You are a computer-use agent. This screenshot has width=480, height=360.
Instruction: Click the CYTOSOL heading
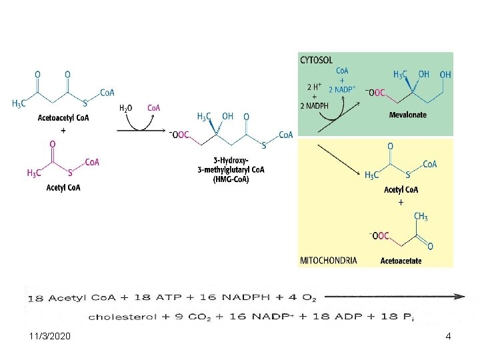click(x=316, y=60)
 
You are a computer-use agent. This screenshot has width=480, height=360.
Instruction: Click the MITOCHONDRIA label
click(x=329, y=261)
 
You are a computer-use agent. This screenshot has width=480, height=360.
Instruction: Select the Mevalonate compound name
click(x=407, y=115)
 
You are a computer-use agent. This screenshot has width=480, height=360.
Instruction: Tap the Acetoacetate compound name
click(x=401, y=261)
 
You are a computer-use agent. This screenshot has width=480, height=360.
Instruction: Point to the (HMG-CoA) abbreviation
click(x=231, y=179)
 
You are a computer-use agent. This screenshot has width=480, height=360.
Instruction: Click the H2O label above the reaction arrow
click(x=126, y=107)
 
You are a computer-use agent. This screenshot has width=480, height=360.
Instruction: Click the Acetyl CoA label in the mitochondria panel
click(x=401, y=190)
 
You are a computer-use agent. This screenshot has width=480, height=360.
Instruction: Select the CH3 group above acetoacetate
click(x=421, y=216)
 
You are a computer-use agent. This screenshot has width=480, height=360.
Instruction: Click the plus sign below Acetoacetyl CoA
click(x=63, y=131)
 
